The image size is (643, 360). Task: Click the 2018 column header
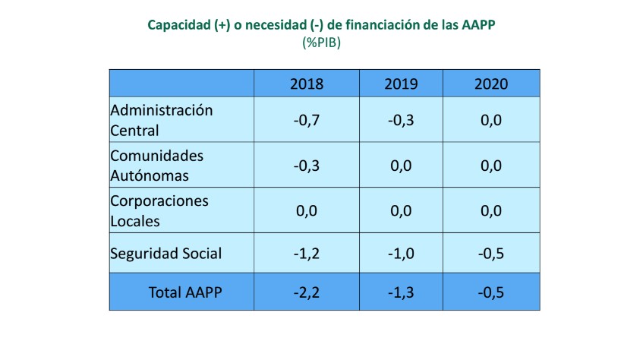click(x=307, y=84)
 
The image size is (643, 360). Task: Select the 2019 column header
click(x=402, y=84)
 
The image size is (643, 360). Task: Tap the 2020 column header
click(x=491, y=84)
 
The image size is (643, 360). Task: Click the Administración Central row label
click(x=162, y=120)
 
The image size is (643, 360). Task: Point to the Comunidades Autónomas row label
click(x=157, y=166)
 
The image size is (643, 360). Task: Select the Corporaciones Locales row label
click(x=159, y=211)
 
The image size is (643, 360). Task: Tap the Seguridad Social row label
click(x=166, y=254)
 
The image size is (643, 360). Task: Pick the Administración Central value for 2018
click(x=307, y=120)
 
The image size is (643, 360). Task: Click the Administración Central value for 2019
click(x=402, y=120)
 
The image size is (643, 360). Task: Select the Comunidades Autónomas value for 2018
click(x=307, y=166)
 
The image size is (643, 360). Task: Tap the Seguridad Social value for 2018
click(x=307, y=254)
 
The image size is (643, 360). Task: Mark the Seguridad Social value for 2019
click(x=402, y=254)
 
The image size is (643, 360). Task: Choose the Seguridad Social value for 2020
click(x=491, y=254)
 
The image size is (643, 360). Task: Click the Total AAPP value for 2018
click(x=307, y=292)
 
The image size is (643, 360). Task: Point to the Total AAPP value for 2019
click(x=402, y=292)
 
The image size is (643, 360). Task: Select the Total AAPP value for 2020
click(x=491, y=292)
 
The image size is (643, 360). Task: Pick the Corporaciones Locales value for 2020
click(x=491, y=211)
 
